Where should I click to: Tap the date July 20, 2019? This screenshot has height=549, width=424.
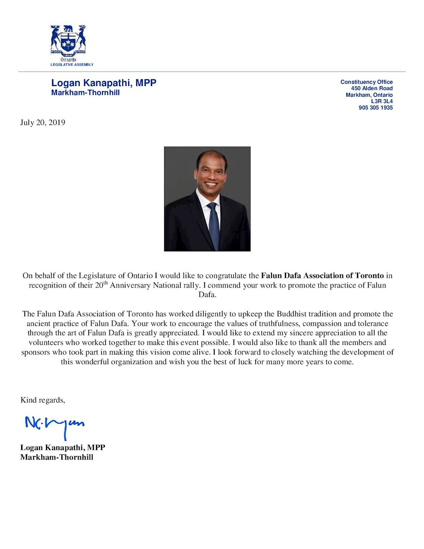click(x=43, y=122)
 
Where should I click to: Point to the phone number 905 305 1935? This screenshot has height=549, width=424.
click(x=375, y=108)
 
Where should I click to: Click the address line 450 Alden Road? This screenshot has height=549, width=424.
click(x=372, y=88)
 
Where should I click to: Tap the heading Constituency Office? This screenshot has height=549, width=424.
click(x=366, y=82)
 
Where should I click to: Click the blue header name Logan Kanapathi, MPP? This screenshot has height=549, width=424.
click(x=104, y=83)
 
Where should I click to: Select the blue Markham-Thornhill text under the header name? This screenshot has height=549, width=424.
click(x=85, y=92)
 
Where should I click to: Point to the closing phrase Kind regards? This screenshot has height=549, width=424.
click(x=43, y=400)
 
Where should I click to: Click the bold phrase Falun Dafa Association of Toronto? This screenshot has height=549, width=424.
click(x=322, y=275)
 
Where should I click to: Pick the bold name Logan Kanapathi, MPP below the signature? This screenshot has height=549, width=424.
click(x=63, y=447)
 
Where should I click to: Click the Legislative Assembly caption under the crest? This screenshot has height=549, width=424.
click(x=72, y=65)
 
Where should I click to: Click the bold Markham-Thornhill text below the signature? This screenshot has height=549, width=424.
click(x=57, y=457)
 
